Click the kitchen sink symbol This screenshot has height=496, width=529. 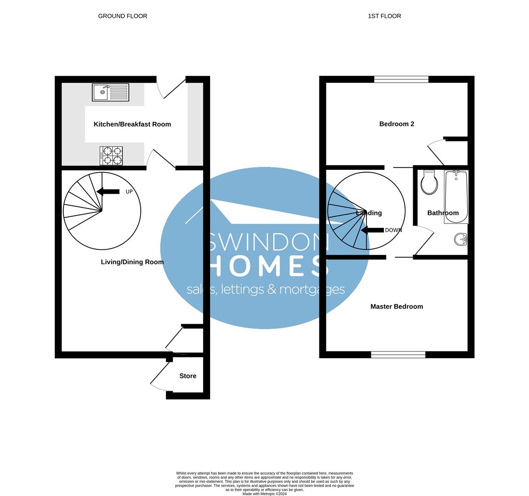110,92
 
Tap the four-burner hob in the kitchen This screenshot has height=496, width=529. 111,156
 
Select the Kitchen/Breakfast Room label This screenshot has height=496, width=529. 132,124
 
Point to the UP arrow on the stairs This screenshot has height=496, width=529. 108,192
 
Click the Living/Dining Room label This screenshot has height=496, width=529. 132,262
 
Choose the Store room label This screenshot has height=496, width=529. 188,376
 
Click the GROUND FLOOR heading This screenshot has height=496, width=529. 123,16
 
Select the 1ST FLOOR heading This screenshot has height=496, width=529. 384,16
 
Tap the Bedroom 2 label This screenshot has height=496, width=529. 397,124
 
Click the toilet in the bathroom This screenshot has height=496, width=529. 429,182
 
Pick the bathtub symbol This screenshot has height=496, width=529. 456,197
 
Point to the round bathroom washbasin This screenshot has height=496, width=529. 461,239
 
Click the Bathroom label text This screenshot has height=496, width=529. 443,213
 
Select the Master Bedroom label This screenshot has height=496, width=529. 397,306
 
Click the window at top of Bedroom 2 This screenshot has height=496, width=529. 401,79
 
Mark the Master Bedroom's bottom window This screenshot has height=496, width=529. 398,354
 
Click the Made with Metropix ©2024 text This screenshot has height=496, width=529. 265,494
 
